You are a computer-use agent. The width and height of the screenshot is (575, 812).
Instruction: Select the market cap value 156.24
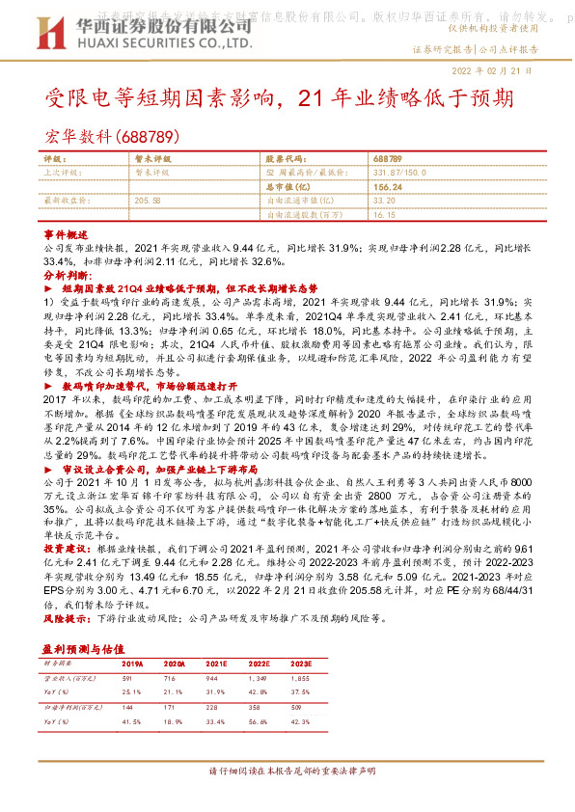388,185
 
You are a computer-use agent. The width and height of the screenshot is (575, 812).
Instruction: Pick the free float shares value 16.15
384,215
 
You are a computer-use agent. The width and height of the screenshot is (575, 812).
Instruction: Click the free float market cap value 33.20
384,200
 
